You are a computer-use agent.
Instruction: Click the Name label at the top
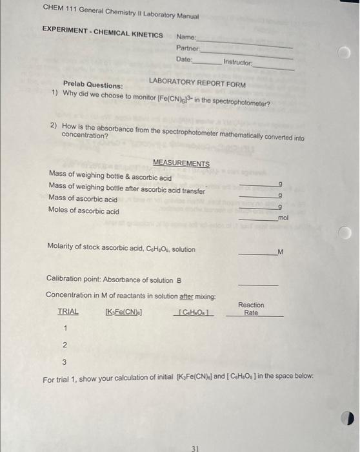186,37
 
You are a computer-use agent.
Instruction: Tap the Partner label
187,48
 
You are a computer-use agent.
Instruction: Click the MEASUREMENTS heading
181,163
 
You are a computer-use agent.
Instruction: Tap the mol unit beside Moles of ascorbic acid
283,219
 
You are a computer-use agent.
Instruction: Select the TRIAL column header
68,311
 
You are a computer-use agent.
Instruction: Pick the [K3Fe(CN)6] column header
123,312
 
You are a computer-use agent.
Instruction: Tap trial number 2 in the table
65,345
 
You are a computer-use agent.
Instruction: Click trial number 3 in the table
64,362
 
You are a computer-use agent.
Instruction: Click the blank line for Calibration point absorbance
258,284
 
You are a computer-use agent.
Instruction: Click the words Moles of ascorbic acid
83,211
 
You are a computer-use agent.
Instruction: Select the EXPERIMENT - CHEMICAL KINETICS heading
103,30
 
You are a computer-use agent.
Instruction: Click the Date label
184,59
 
